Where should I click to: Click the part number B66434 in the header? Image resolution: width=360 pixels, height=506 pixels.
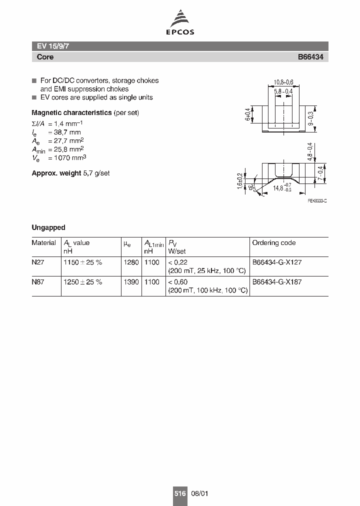pos(310,57)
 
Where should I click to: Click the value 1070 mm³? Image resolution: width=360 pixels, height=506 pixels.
pos(67,157)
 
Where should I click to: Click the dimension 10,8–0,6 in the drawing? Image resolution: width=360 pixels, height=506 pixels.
pos(283,82)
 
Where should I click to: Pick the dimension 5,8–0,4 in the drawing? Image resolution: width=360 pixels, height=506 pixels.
pos(283,91)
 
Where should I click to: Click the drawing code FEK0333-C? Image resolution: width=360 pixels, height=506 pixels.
pos(317,200)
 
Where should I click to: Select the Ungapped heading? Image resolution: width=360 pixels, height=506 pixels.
pos(48,227)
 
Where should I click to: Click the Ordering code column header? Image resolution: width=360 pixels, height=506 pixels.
pos(273,243)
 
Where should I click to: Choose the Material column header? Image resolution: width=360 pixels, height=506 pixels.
pos(44,243)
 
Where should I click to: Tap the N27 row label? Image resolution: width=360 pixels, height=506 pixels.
pos(38,262)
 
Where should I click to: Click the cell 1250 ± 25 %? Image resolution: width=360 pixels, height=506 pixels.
pos(82,282)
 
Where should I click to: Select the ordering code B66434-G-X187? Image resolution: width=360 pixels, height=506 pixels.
pos(276,282)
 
